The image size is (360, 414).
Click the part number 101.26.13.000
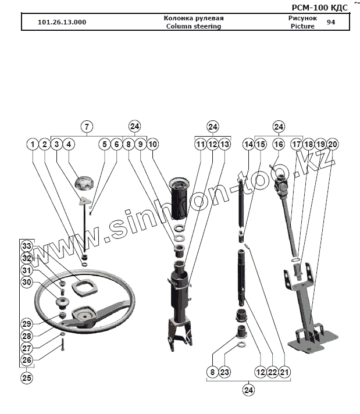[62, 22]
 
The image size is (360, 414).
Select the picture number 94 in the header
[331, 22]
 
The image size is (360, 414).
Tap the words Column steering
[193, 26]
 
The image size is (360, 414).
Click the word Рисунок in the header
[302, 18]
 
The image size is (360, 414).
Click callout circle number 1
[33, 144]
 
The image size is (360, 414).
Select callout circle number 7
[86, 126]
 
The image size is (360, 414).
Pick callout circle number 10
[152, 144]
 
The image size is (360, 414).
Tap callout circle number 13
[224, 144]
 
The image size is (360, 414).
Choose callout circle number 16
[279, 144]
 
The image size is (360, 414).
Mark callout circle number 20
[332, 144]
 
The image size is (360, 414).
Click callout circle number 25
[27, 377]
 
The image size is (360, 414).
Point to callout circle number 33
[27, 247]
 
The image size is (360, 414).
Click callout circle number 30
[27, 282]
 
